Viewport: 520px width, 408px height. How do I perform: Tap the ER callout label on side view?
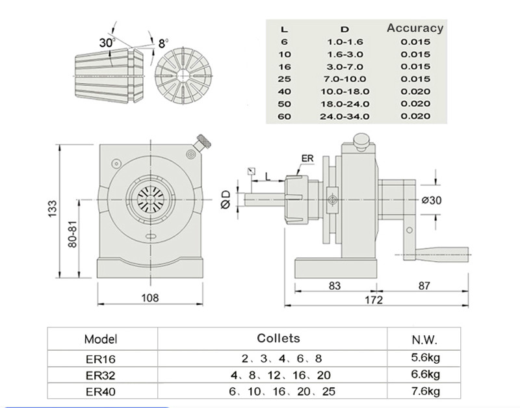(309, 159)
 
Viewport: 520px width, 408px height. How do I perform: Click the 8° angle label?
(163, 44)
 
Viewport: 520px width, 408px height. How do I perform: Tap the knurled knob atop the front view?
(205, 140)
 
